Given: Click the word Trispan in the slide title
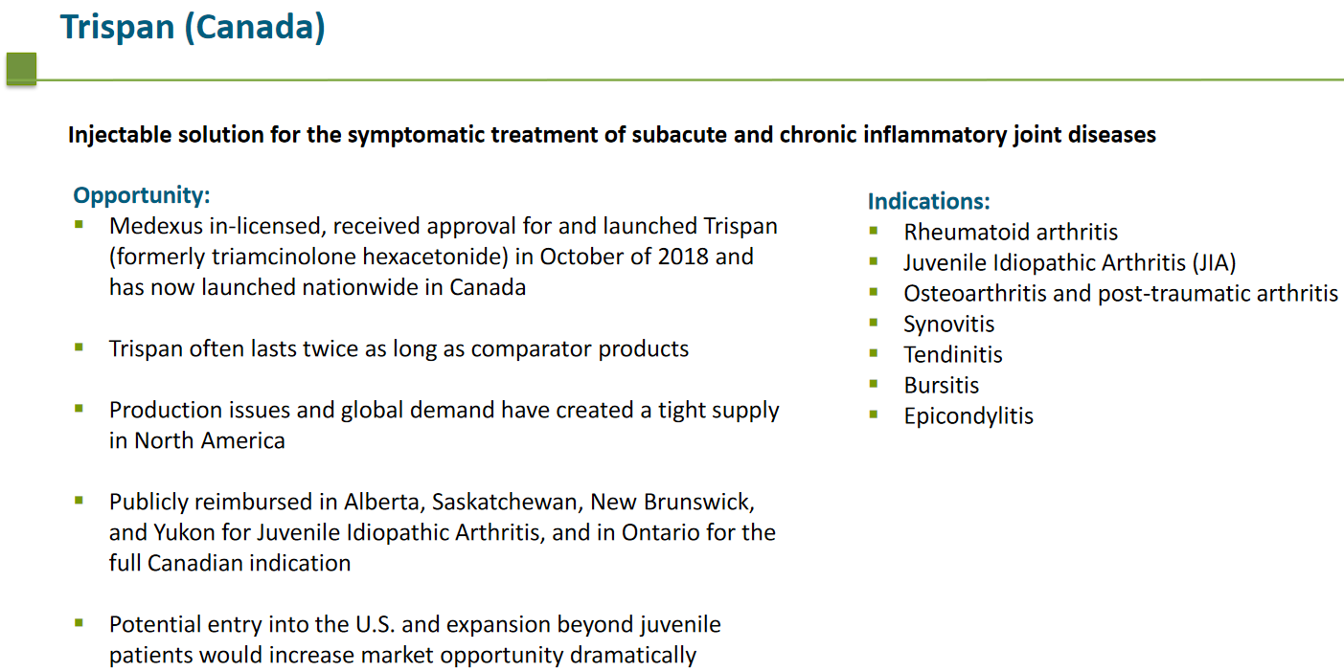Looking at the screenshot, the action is (118, 28).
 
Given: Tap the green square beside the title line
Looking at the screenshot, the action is (22, 68).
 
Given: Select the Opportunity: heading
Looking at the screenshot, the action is (142, 195).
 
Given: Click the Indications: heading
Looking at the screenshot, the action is (929, 201).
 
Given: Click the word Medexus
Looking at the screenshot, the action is (156, 226).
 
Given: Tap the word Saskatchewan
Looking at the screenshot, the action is (508, 502).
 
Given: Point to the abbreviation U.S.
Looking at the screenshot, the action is (375, 625).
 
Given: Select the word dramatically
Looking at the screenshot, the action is (633, 656).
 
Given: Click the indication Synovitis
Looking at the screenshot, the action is (949, 325).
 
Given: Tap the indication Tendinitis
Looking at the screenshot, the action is (953, 355).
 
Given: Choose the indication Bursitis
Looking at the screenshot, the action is (942, 386).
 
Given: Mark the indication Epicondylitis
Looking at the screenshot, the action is (969, 416).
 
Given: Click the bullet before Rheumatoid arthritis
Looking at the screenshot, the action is (874, 230).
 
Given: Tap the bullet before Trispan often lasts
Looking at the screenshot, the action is (79, 347).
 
